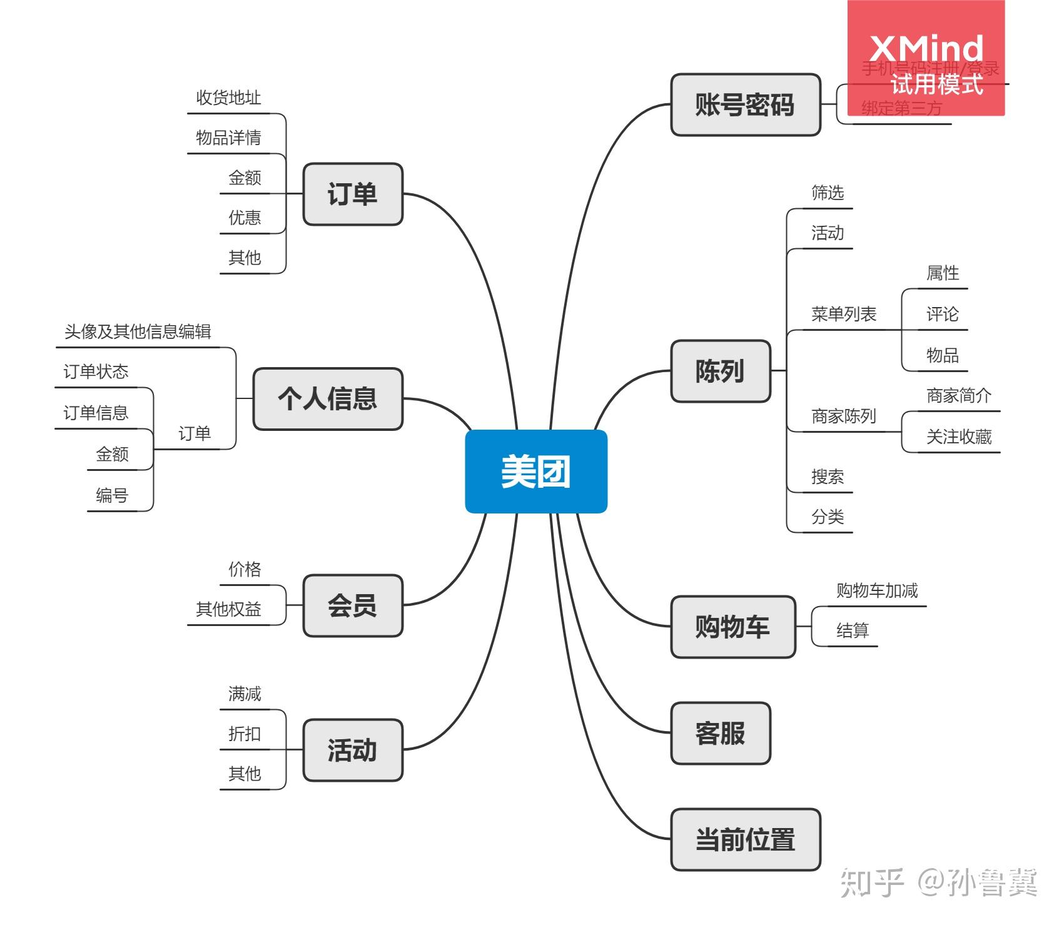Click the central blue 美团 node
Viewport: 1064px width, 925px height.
(x=535, y=471)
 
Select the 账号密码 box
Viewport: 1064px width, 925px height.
(x=745, y=104)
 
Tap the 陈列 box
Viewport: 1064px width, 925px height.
(x=720, y=371)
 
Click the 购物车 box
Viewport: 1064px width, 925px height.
(x=732, y=626)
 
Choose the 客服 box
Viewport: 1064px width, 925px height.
(x=720, y=733)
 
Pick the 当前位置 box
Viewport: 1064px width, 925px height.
(x=745, y=839)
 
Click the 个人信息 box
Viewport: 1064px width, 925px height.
(x=327, y=398)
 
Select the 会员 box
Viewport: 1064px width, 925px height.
(x=352, y=605)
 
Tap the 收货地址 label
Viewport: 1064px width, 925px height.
(x=228, y=98)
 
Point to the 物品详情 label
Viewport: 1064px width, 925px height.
(x=228, y=138)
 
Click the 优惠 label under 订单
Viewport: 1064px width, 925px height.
(x=245, y=218)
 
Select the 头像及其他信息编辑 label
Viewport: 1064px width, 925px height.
(x=138, y=331)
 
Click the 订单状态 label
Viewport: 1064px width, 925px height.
(x=96, y=372)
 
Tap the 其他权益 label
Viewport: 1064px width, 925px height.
(x=228, y=609)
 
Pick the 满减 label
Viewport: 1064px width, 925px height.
(x=245, y=694)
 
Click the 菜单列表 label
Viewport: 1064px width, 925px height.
(x=844, y=314)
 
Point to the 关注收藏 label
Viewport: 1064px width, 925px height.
(x=959, y=437)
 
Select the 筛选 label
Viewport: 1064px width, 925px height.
(x=828, y=193)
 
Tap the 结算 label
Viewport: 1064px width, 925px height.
(x=853, y=630)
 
